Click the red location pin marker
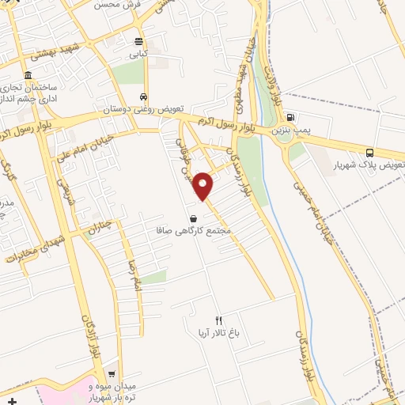[x=203, y=187]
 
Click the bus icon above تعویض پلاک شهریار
[x=370, y=153]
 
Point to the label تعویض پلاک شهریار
[x=369, y=165]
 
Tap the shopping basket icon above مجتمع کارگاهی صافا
[x=193, y=218]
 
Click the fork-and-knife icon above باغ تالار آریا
[x=219, y=320]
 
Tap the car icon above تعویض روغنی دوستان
[x=143, y=97]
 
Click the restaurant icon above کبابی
[x=139, y=42]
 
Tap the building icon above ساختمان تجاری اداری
[x=28, y=76]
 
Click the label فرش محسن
[x=115, y=4]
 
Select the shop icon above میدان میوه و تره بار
[x=112, y=375]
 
